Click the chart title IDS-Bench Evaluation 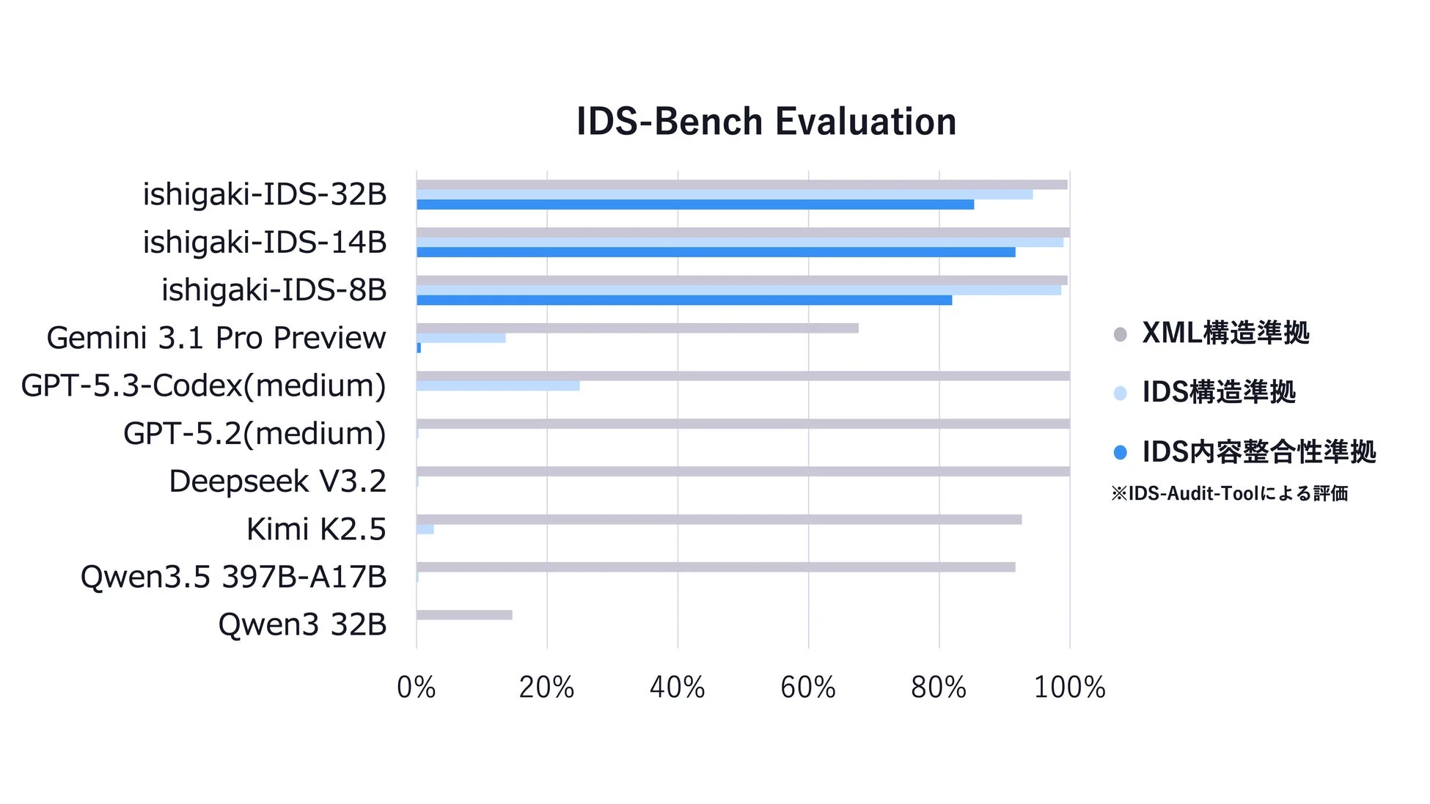pyautogui.click(x=766, y=122)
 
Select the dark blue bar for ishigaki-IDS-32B pyautogui.click(x=695, y=204)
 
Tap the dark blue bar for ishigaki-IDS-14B pyautogui.click(x=716, y=252)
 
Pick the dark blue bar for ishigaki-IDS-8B pyautogui.click(x=684, y=300)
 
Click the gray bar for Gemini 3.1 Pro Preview pyautogui.click(x=637, y=328)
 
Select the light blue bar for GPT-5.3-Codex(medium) pyautogui.click(x=498, y=386)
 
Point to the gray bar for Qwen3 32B pyautogui.click(x=464, y=615)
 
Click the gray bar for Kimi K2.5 pyautogui.click(x=719, y=520)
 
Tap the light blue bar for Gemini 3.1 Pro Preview pyautogui.click(x=461, y=339)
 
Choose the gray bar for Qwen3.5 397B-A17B pyautogui.click(x=716, y=567)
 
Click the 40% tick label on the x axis pyautogui.click(x=677, y=687)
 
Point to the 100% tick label pyautogui.click(x=1069, y=687)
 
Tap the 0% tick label pyautogui.click(x=416, y=687)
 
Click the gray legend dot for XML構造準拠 pyautogui.click(x=1120, y=335)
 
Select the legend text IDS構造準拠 pyautogui.click(x=1219, y=392)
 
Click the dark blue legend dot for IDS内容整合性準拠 pyautogui.click(x=1120, y=453)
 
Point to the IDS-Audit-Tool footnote pyautogui.click(x=1229, y=493)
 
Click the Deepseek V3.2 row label pyautogui.click(x=277, y=482)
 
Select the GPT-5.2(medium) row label pyautogui.click(x=254, y=434)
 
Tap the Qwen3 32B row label pyautogui.click(x=302, y=624)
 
